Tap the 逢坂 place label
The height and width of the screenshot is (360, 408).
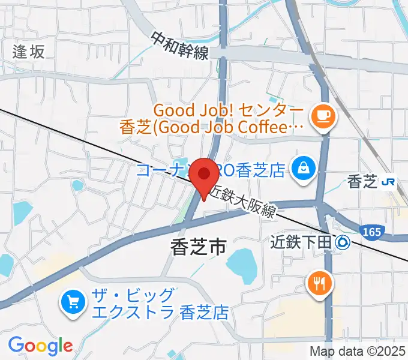[x=29, y=52]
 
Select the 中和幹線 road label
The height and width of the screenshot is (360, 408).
[x=179, y=46]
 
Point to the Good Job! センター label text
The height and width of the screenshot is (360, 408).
[x=228, y=111]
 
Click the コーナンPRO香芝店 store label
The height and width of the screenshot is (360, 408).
[x=210, y=170]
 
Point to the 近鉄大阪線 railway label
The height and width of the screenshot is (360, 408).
[x=242, y=202]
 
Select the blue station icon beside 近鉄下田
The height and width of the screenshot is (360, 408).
[x=343, y=242]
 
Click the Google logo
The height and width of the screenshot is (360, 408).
[x=40, y=346]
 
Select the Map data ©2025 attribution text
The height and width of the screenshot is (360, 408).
[x=357, y=351]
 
